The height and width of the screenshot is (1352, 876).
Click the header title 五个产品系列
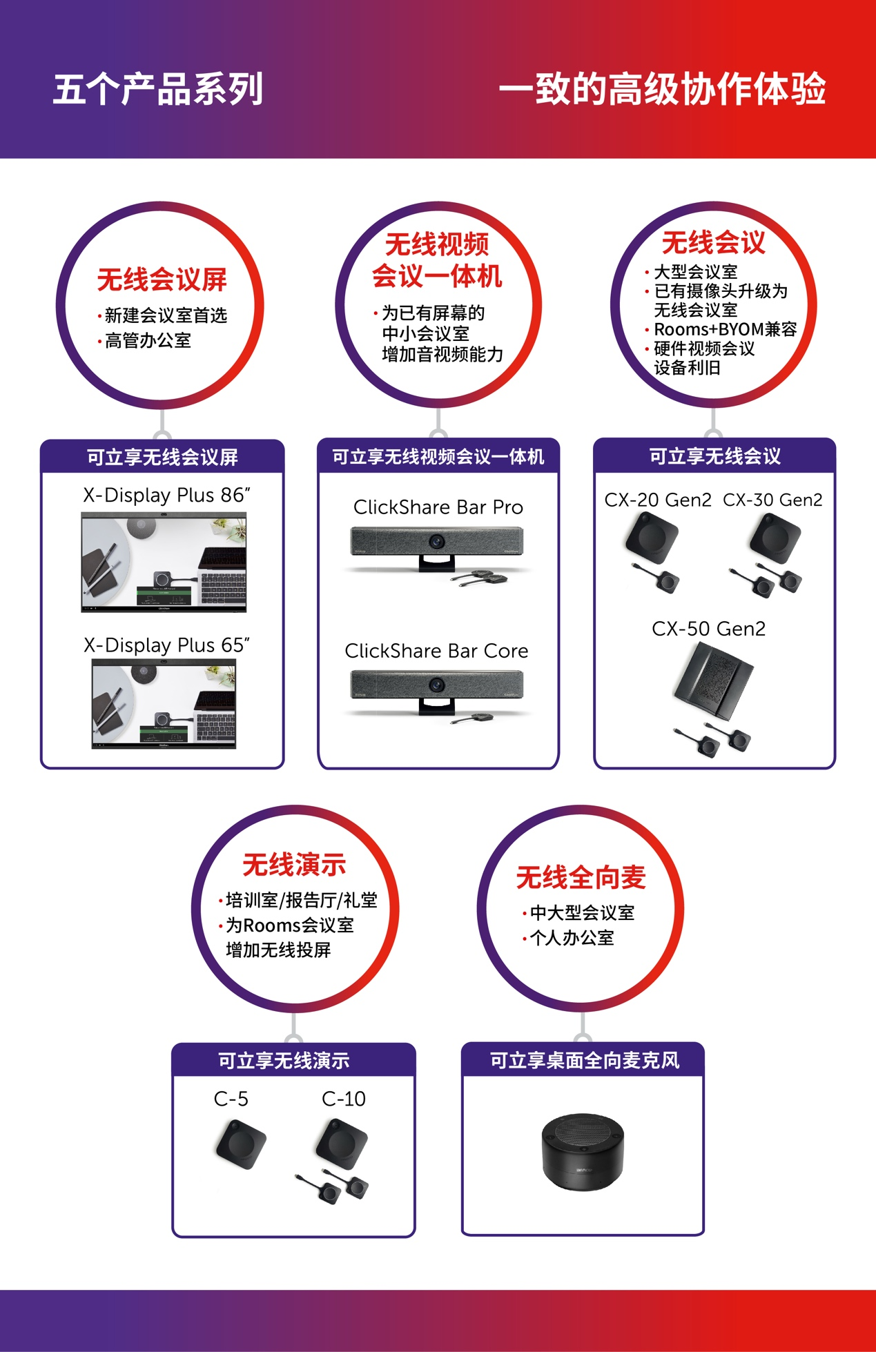coord(158,89)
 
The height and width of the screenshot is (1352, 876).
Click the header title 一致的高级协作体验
coord(663,89)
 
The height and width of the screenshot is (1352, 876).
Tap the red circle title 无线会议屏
coord(162,280)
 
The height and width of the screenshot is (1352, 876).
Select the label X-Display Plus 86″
coord(166,495)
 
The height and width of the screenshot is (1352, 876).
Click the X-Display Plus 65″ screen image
coord(164,703)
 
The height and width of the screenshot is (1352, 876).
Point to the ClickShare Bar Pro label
coord(438,507)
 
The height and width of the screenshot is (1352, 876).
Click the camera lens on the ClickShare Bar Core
coord(436,685)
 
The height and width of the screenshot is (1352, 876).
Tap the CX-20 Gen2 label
coord(658,500)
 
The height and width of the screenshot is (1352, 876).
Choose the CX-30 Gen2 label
coord(772,500)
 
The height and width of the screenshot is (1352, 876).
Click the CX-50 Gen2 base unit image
coord(713,680)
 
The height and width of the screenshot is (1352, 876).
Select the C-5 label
coord(231,1099)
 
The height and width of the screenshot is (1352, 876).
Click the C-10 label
coord(344,1099)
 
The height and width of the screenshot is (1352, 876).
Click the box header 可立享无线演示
coord(284,1061)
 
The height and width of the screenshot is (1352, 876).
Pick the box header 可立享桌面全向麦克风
coord(585,1060)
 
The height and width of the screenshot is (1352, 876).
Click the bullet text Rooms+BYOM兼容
coord(726,329)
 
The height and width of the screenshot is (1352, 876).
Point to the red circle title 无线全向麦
coord(581,878)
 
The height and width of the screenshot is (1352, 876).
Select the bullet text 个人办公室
coord(572,938)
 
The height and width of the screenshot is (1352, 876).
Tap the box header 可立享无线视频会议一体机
coord(438,456)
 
